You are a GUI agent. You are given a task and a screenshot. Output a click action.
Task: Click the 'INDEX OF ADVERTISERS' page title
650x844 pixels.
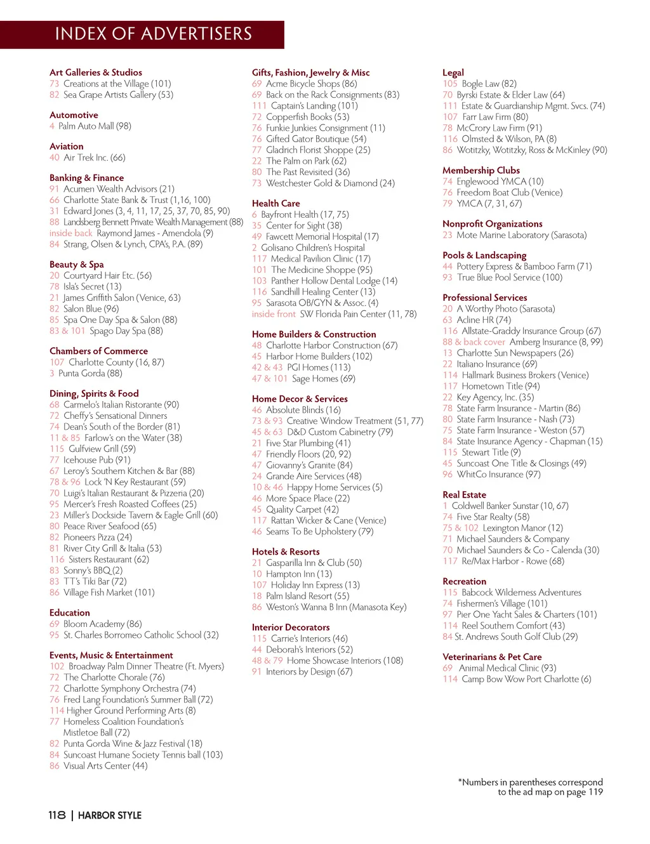pos(153,34)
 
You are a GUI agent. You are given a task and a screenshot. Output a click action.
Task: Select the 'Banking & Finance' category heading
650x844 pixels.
pos(86,178)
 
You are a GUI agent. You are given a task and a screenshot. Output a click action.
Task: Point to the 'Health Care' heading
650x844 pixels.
pos(275,203)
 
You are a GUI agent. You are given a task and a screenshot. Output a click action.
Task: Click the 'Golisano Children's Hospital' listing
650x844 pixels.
pos(312,247)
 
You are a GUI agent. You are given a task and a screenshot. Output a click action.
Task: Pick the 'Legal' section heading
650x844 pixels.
pos(453,72)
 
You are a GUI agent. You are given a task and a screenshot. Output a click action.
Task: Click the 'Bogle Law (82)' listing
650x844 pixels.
pos(489,84)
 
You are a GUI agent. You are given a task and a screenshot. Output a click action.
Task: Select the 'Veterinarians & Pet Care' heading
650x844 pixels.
pos(492,657)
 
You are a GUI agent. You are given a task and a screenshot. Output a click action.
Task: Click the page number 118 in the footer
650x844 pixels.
pos(56,815)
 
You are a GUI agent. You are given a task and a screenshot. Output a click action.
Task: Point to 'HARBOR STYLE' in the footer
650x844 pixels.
pos(110,815)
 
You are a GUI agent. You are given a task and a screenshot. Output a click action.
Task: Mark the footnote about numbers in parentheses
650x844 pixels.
pos(531,787)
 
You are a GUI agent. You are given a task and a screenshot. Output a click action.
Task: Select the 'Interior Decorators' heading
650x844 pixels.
pos(291,627)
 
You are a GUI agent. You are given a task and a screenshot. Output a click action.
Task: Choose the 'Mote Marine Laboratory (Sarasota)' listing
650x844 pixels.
pos(521,235)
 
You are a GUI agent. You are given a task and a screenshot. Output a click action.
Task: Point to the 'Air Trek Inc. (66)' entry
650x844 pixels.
pos(94,157)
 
